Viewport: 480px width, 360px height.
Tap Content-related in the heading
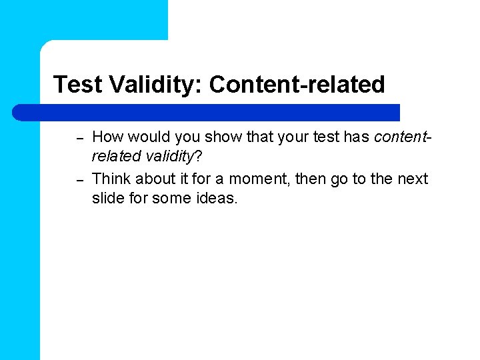pos(297,85)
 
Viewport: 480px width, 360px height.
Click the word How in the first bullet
pos(107,137)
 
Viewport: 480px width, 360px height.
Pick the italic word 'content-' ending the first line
pos(402,137)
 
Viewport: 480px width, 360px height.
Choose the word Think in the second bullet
pos(111,179)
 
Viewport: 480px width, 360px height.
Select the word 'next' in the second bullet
pos(413,179)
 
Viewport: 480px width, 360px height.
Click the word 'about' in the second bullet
pos(154,179)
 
